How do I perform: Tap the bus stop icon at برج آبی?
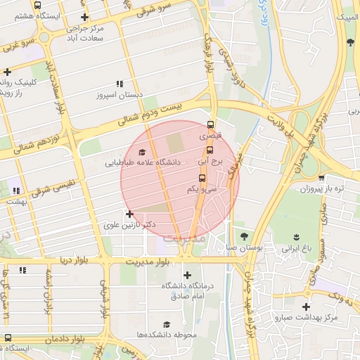[210, 149]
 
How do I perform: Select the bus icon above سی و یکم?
[202, 177]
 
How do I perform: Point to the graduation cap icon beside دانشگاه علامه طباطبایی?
[142, 151]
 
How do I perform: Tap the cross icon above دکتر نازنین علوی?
[129, 213]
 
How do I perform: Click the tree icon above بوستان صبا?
[244, 236]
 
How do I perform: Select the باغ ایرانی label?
[295, 248]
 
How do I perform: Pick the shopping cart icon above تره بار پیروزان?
[321, 178]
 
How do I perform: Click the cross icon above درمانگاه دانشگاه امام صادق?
[186, 275]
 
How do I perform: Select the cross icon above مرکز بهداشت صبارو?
[306, 307]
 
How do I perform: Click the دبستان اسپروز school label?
[120, 94]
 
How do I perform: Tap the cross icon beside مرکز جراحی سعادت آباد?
[85, 17]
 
